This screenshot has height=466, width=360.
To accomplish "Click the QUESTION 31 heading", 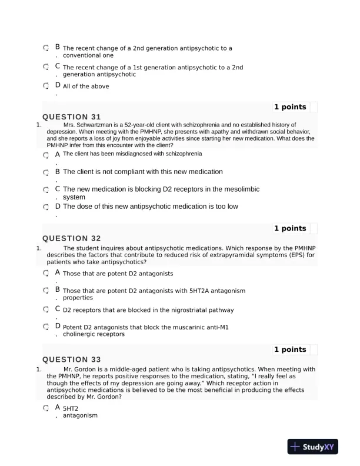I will [72, 116].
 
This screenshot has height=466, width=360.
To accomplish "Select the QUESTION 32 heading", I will [72, 238].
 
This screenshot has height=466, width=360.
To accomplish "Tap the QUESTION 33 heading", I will [72, 360].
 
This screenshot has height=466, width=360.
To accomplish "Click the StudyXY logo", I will [312, 447].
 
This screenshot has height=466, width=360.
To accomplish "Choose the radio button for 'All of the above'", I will [46, 86].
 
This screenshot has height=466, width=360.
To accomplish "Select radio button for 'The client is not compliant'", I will [46, 172].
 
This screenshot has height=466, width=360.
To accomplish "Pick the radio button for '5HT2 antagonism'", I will [46, 408].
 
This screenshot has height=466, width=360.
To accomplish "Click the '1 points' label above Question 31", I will [290, 107].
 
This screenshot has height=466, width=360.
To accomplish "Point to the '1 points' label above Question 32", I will [290, 228].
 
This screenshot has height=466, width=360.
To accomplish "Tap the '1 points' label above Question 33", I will [290, 349].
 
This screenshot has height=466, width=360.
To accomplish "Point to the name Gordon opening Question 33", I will [85, 369].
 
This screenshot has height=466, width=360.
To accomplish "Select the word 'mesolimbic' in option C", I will [237, 189].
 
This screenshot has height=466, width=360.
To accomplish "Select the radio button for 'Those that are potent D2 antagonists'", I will [46, 274].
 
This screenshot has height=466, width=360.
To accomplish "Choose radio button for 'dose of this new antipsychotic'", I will [46, 207].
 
